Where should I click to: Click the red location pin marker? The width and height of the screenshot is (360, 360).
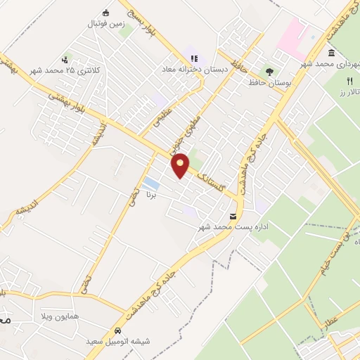pyautogui.click(x=181, y=165)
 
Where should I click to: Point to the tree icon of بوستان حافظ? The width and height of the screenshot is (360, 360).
pyautogui.click(x=269, y=71)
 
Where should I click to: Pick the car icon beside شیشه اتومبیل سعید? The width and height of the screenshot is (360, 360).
pyautogui.click(x=118, y=330)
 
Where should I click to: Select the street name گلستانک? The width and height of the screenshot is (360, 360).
pyautogui.click(x=215, y=179)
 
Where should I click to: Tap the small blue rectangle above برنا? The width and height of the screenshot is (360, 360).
pyautogui.click(x=150, y=185)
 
